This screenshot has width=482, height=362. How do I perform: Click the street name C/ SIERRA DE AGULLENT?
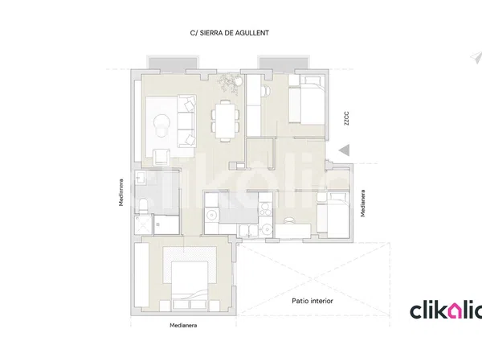coord(229,33)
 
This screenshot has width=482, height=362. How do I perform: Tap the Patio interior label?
coord(312,301)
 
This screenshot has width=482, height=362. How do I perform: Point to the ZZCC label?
coord(346,118)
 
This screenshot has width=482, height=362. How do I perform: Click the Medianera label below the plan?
coord(183,325)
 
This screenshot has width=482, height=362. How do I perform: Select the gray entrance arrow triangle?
coord(345,150)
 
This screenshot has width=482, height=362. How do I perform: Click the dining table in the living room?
coord(225,121)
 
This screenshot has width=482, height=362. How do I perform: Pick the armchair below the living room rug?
coord(161,157)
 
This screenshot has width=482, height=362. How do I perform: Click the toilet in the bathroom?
coord(143,206)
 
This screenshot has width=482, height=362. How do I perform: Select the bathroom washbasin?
coord(141,178)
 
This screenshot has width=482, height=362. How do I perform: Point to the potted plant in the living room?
coord(230,81)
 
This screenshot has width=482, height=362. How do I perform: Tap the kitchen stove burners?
coord(265,208)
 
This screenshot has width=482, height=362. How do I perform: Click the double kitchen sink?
coord(249,230)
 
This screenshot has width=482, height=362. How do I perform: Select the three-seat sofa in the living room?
coord(186,121)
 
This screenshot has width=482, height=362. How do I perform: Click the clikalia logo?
coord(446,311)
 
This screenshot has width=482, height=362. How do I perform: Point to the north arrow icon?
coord(476,58)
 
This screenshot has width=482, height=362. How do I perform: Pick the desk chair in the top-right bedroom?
coord(266,91)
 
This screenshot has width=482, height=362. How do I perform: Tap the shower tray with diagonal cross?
coord(143,224)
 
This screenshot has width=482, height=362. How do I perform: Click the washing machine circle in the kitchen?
coord(211,214)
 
